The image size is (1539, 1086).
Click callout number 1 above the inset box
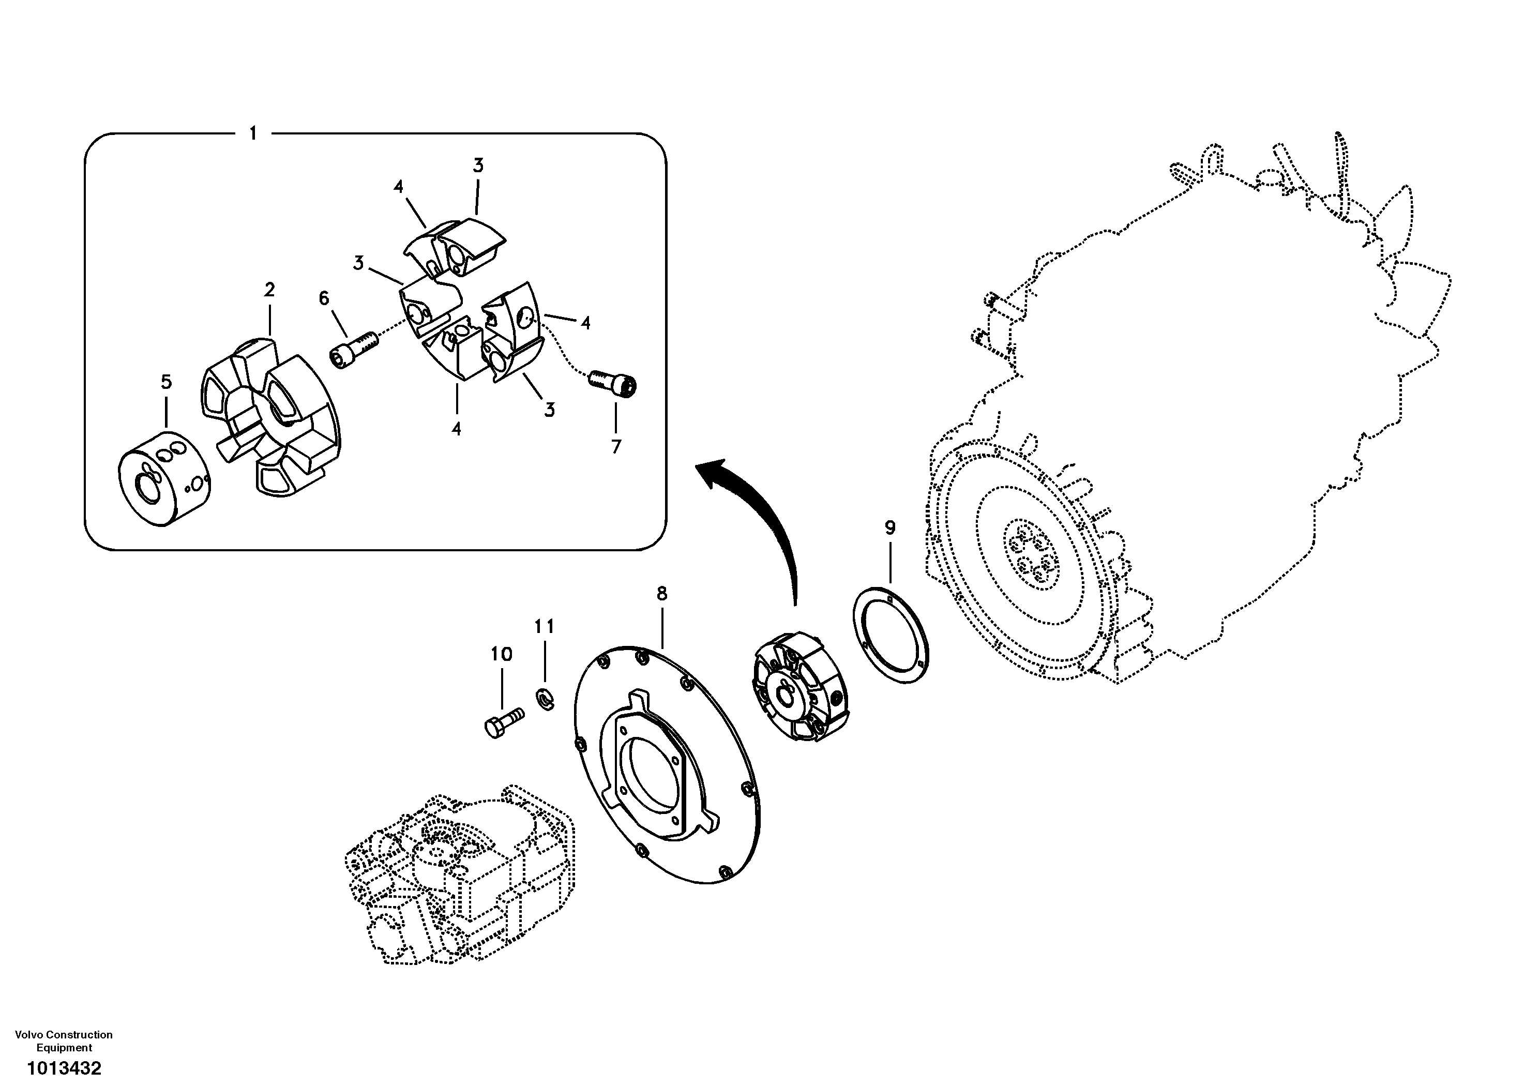click(253, 134)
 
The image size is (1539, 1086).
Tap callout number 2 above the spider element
click(269, 290)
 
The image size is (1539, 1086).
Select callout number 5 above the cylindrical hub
click(166, 382)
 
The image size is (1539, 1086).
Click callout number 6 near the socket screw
click(324, 298)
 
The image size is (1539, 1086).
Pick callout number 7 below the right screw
click(616, 446)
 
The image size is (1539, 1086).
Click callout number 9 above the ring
click(889, 527)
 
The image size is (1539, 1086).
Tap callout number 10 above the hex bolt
click(502, 654)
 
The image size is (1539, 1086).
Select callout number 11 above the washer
click(544, 627)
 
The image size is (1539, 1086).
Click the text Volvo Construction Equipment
click(64, 1041)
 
